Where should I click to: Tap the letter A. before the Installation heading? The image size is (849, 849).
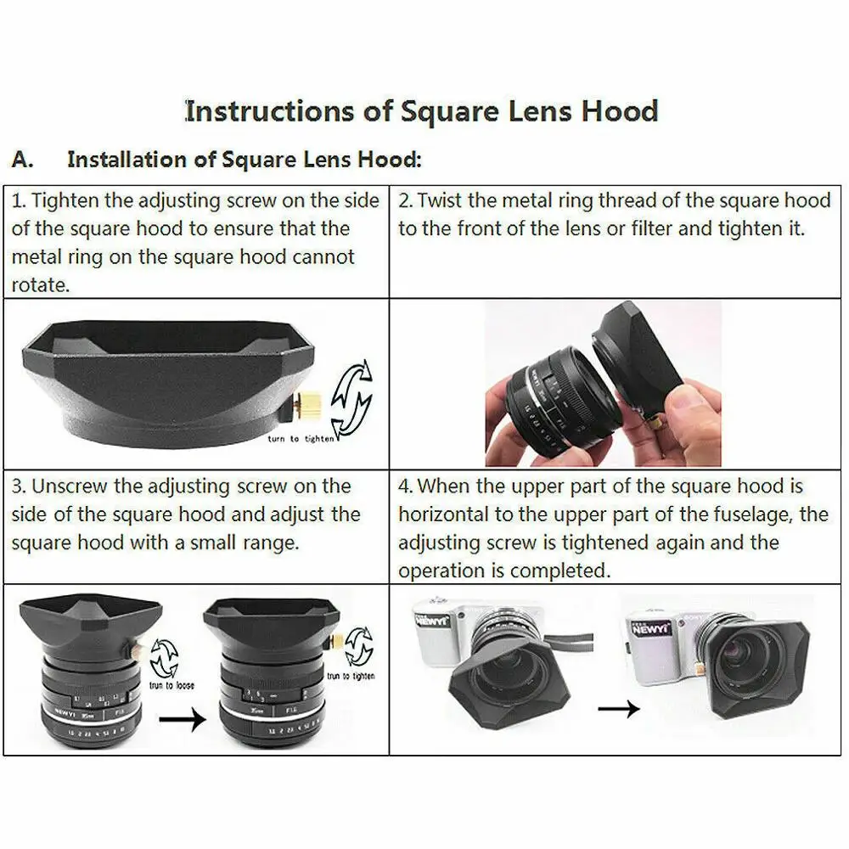(x=24, y=160)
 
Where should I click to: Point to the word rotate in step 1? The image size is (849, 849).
(x=39, y=285)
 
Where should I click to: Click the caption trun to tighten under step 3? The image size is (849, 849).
(x=351, y=676)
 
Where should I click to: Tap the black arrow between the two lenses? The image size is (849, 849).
(x=183, y=720)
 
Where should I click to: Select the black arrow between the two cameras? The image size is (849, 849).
(x=617, y=708)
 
